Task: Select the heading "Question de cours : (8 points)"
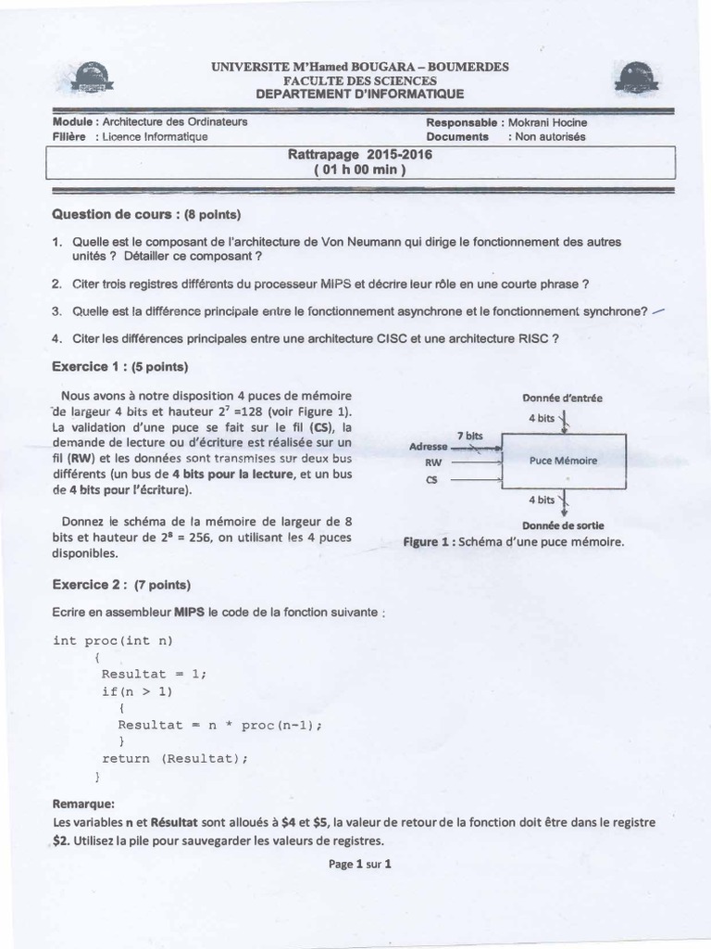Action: pyautogui.click(x=146, y=215)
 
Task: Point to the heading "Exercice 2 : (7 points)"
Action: pyautogui.click(x=122, y=585)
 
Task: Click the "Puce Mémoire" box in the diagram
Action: pyautogui.click(x=563, y=460)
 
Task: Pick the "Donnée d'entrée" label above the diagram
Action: pyautogui.click(x=562, y=398)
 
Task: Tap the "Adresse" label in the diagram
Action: pyautogui.click(x=428, y=447)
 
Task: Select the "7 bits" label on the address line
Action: pyautogui.click(x=470, y=435)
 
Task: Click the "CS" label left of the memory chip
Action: pyautogui.click(x=430, y=480)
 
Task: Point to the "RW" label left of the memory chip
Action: pyautogui.click(x=432, y=462)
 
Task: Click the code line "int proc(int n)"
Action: pyautogui.click(x=113, y=640)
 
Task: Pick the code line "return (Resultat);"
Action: pyautogui.click(x=176, y=758)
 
